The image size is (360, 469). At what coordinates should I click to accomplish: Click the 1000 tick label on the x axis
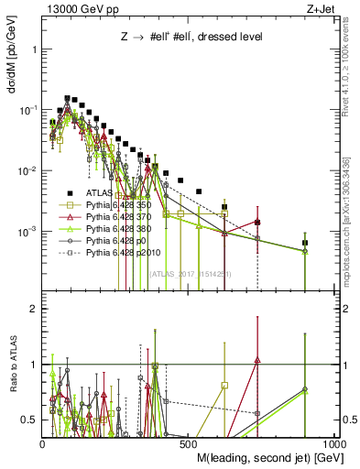335,443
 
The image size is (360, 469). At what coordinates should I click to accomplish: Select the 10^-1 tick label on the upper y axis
27,110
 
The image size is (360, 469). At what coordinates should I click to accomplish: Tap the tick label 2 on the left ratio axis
32,310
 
